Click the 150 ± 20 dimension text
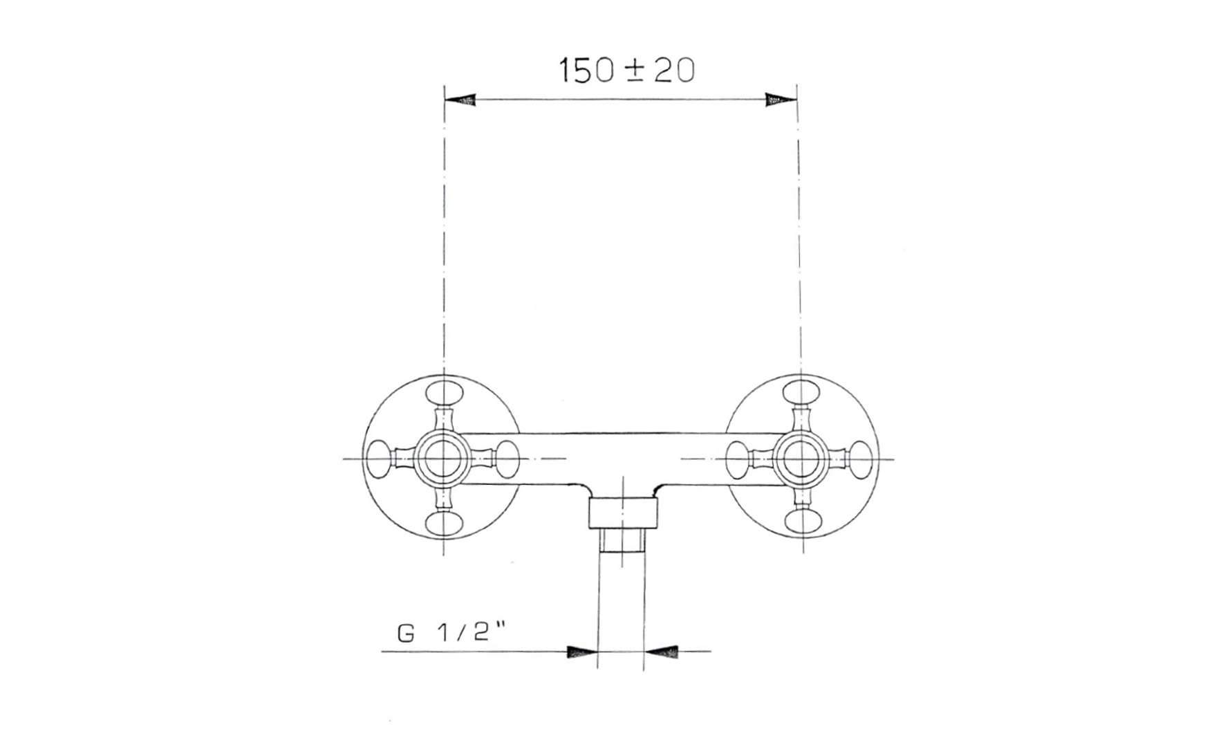(626, 71)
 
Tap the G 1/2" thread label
(453, 634)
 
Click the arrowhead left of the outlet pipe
(581, 652)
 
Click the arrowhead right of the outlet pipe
(660, 652)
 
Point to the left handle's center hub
(442, 459)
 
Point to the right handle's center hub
(801, 459)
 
